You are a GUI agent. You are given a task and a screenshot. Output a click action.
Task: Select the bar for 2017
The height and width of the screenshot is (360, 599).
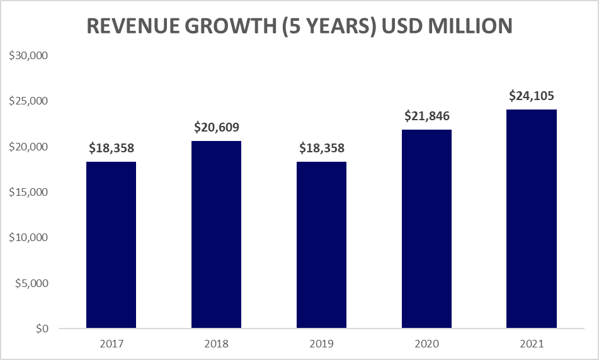coord(111,245)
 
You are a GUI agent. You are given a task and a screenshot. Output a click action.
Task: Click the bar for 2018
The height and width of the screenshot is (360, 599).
coord(216,234)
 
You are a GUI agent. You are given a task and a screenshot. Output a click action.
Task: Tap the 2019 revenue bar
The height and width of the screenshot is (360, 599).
coord(321,245)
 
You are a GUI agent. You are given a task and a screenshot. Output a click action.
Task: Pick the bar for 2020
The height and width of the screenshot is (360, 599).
coord(426,229)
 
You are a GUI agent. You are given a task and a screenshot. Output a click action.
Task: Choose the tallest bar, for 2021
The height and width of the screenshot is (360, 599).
coord(532,218)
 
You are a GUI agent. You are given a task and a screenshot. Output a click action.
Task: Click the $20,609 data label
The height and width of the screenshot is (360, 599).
coord(216,127)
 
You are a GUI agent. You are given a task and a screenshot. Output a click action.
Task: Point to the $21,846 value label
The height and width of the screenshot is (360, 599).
coord(426,116)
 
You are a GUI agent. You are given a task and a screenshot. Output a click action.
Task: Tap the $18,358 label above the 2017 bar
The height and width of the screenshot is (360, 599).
coord(111,149)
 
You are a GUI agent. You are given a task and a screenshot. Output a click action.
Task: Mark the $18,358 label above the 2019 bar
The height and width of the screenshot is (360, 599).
coord(321,149)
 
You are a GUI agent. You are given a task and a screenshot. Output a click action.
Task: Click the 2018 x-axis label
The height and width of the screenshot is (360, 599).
coord(216,344)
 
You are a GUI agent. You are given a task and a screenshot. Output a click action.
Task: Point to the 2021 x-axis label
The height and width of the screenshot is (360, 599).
coord(532,344)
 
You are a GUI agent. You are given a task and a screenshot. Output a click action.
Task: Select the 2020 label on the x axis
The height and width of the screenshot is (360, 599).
coord(426,344)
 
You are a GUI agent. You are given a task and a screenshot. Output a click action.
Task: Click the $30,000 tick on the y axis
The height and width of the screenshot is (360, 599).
coord(28,56)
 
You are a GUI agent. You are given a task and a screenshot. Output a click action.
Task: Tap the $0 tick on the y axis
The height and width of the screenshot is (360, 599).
coord(42,329)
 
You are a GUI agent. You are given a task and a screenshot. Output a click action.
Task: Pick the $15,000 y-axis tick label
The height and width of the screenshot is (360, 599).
coord(28,192)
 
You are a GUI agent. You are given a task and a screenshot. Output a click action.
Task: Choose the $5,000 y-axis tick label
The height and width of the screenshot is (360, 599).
coord(31,283)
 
